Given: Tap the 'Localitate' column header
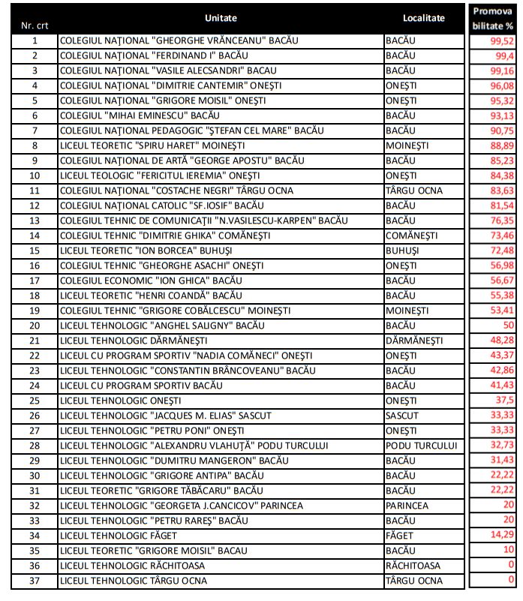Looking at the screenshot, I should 422,17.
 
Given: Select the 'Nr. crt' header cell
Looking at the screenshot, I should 35,25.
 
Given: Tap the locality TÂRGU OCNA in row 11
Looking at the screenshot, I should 413,191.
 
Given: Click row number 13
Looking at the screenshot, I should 35,220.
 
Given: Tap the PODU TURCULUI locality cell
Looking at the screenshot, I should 420,445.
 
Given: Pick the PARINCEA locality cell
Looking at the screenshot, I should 406,506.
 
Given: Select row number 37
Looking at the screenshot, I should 35,580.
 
